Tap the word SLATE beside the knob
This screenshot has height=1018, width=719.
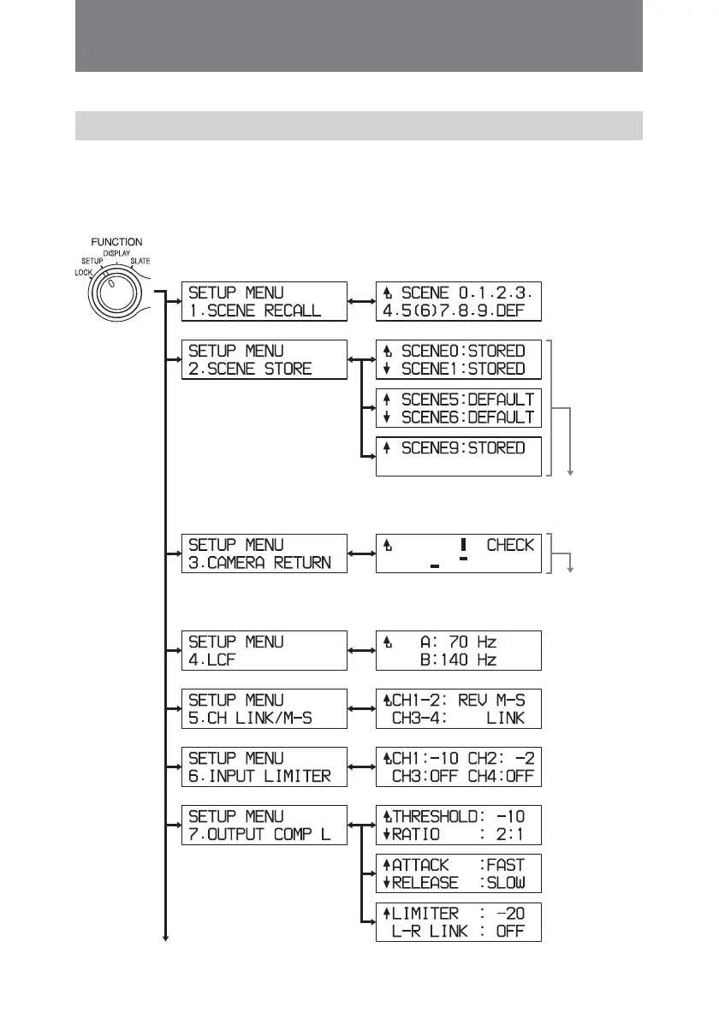(139, 260)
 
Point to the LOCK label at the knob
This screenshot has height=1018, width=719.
(83, 271)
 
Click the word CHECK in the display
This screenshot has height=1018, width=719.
(509, 545)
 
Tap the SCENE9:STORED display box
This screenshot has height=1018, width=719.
(459, 456)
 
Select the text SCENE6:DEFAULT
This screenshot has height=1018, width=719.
(462, 417)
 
